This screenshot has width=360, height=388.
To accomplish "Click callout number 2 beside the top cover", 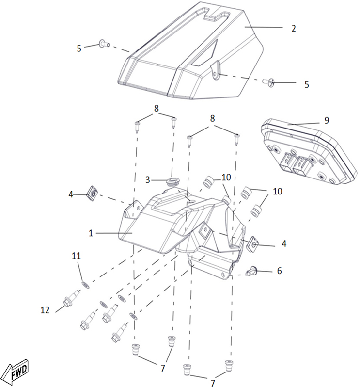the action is pos(294,29).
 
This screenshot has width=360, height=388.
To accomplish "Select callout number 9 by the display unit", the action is pos(327,120).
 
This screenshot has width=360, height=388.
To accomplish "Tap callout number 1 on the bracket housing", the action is pos(91,233).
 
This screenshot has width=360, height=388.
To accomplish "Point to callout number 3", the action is pos(148,180).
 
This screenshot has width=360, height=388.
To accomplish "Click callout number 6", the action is pos(279,271).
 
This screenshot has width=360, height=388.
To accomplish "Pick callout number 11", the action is pos(76,256).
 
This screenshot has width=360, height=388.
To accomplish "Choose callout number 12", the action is pos(45,310).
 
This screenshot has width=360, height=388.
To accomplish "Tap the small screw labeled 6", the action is pos(251,271).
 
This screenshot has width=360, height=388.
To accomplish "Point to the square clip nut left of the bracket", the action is pos(93,193).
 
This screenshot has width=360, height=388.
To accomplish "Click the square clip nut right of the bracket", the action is pos(253,244).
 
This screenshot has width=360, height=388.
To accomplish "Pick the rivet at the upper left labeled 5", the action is pos(105,44).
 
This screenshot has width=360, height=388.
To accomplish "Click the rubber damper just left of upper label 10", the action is pos(208,181).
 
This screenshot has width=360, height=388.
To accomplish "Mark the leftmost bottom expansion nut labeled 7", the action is pos(135,349).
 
